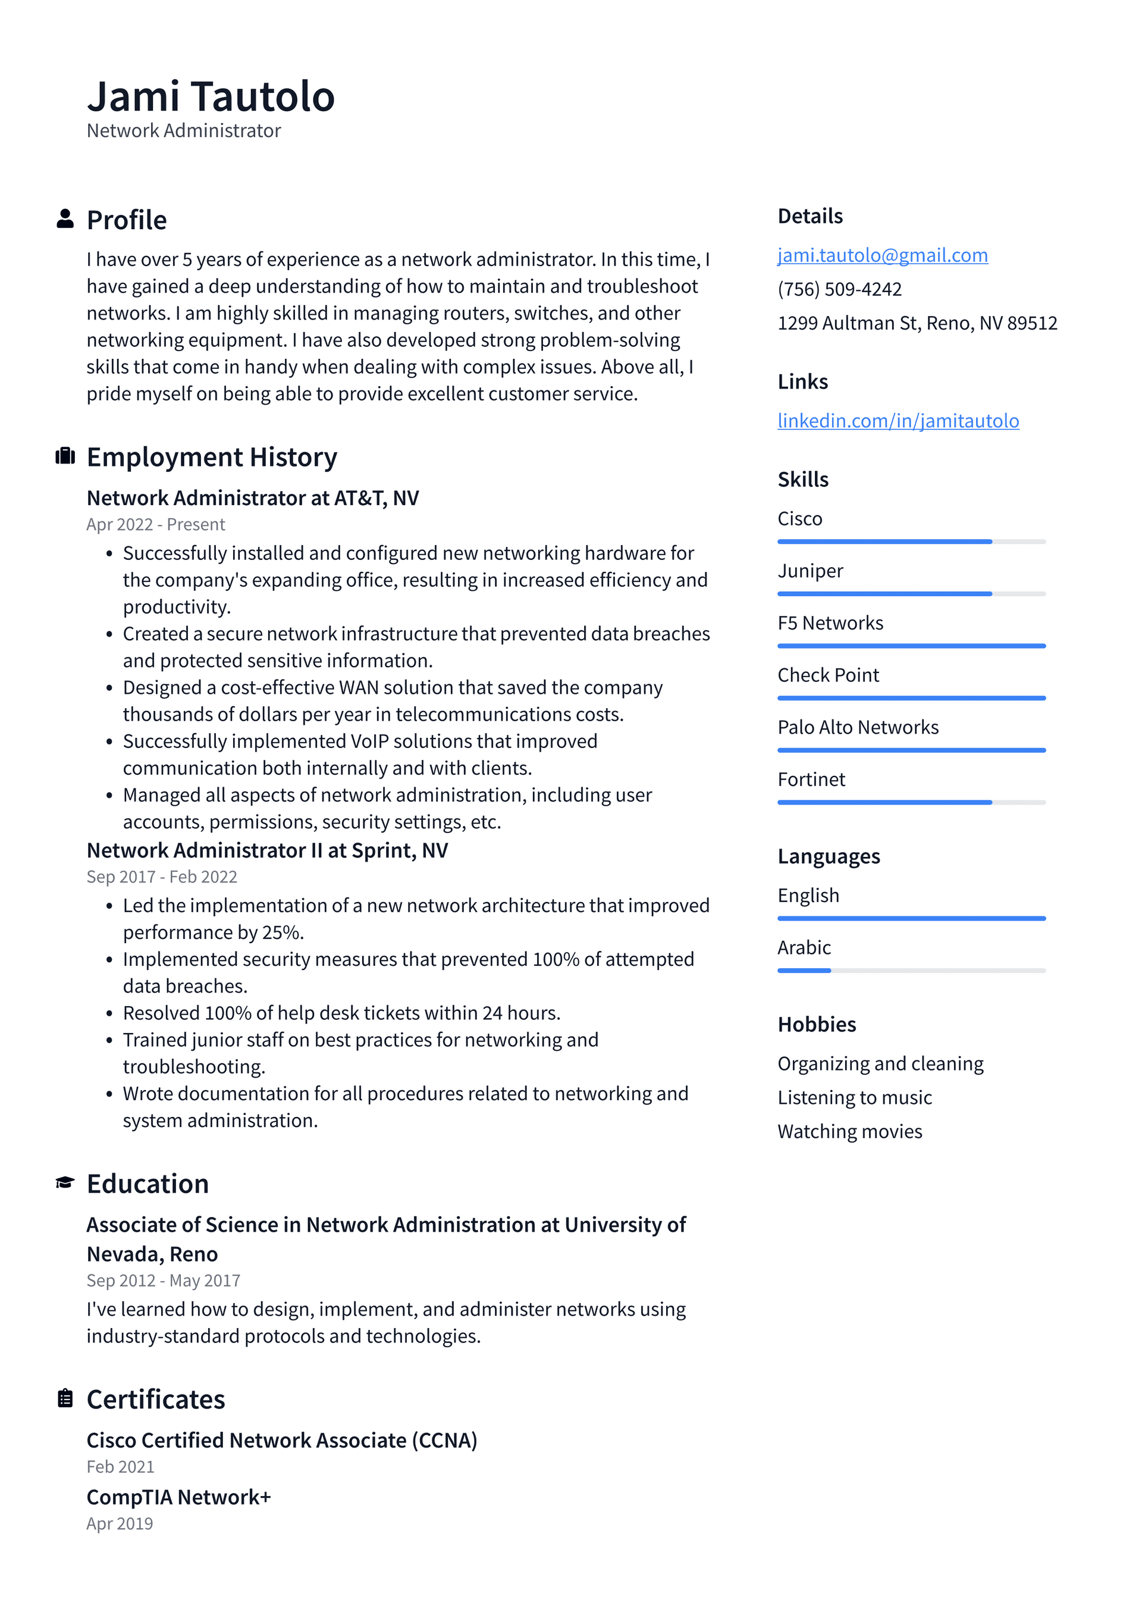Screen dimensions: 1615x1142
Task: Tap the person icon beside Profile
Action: pyautogui.click(x=65, y=219)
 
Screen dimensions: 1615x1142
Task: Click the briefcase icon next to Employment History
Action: pyautogui.click(x=65, y=456)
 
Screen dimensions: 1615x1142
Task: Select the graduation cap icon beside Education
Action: pyautogui.click(x=65, y=1182)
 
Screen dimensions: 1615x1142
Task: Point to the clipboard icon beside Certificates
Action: pyautogui.click(x=65, y=1398)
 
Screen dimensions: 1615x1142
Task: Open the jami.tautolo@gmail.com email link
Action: pyautogui.click(x=882, y=255)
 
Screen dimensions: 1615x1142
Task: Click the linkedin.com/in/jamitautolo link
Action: pyautogui.click(x=898, y=421)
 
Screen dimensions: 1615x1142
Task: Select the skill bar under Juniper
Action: pyautogui.click(x=911, y=594)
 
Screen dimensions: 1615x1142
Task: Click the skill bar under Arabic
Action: pyautogui.click(x=911, y=971)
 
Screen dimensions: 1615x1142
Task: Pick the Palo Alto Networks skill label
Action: pyautogui.click(x=857, y=727)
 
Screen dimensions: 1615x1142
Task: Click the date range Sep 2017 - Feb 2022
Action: pyautogui.click(x=162, y=877)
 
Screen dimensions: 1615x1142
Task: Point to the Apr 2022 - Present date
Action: pyautogui.click(x=155, y=524)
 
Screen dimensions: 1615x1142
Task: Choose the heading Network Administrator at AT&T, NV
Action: pyautogui.click(x=252, y=498)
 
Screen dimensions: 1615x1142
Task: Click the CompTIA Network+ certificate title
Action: pyautogui.click(x=178, y=1497)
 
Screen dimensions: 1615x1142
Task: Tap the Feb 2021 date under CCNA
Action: pyautogui.click(x=120, y=1467)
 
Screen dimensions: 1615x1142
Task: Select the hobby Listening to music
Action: pyautogui.click(x=854, y=1097)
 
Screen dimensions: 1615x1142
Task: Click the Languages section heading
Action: pyautogui.click(x=829, y=856)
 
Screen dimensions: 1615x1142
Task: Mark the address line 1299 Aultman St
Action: pyautogui.click(x=917, y=323)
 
